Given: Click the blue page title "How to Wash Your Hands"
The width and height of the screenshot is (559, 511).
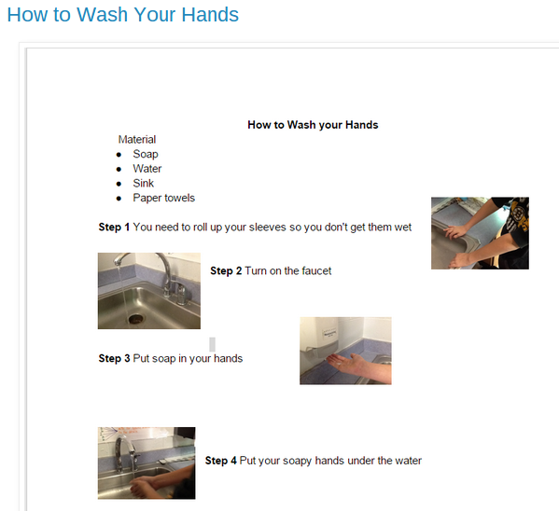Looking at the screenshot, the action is (x=122, y=15).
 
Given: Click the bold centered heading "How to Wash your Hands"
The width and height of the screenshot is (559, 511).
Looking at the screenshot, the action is (x=313, y=125).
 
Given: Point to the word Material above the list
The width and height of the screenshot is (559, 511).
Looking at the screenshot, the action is (x=137, y=139).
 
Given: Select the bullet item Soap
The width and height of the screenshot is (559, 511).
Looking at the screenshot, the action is (x=146, y=154).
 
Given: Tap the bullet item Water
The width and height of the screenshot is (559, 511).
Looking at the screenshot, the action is (x=147, y=169).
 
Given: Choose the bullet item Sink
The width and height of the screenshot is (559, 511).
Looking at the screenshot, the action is (x=144, y=183).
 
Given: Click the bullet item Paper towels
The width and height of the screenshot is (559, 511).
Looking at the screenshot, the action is (x=164, y=198).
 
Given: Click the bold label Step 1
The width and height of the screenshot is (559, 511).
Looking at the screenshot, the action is (x=114, y=227).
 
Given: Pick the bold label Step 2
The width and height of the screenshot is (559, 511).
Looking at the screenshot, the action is (x=226, y=270).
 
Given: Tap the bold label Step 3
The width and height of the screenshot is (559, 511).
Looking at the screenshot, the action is (x=114, y=358).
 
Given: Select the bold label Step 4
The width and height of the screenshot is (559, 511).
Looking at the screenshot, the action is (x=220, y=461).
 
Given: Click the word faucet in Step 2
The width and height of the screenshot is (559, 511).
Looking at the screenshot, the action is (x=316, y=270).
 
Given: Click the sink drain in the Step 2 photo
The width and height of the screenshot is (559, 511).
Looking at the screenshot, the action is (x=135, y=319).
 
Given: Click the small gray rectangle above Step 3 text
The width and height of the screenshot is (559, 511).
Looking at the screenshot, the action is (x=212, y=344).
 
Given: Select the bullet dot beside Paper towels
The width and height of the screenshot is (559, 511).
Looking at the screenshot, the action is (x=119, y=199).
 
